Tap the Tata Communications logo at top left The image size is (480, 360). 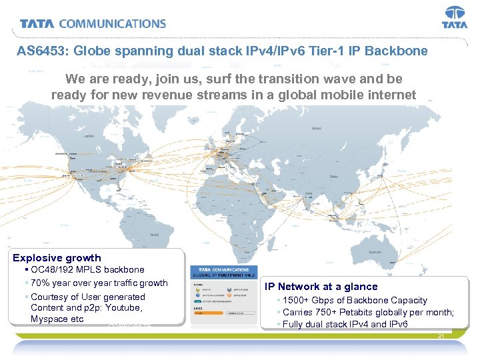click(93, 24)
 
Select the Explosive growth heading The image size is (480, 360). click(57, 258)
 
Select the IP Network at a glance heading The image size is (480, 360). click(321, 287)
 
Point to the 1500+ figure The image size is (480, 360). click(297, 301)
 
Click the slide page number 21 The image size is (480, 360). click(441, 337)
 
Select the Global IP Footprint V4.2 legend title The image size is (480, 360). click(220, 275)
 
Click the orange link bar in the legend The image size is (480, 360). click(207, 312)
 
